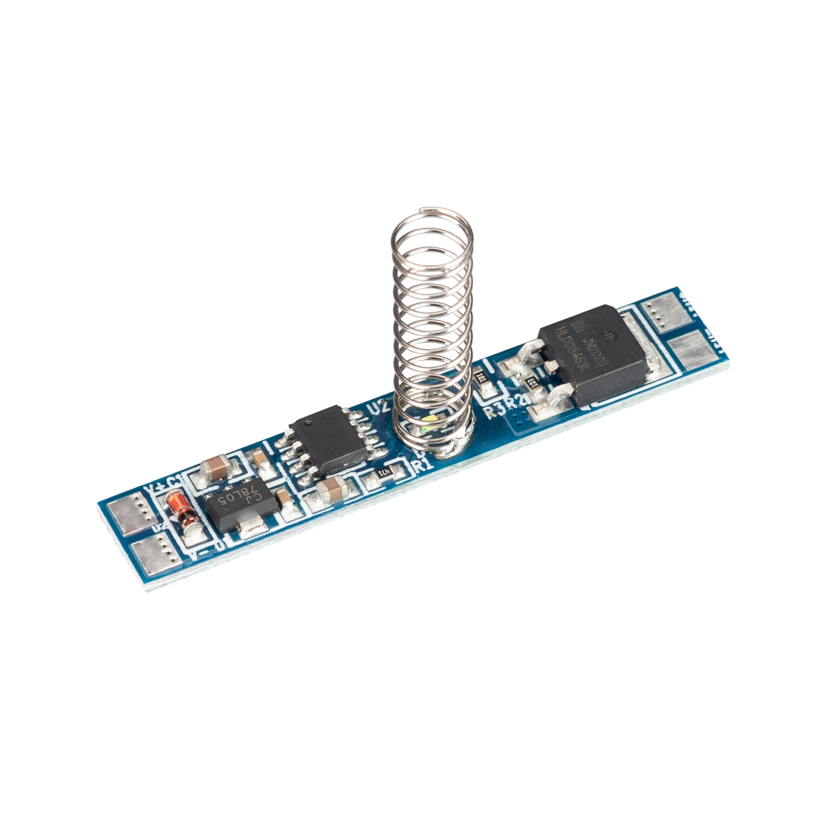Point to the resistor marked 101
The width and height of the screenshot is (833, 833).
[x=480, y=379]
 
